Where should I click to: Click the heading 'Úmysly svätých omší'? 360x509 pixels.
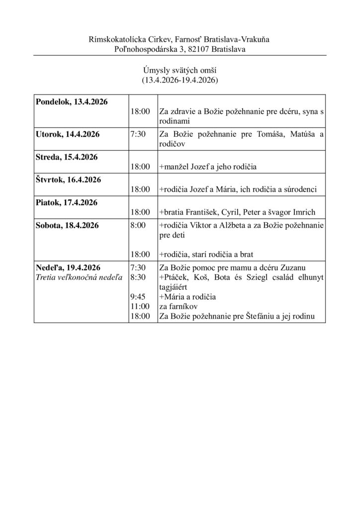[x=180, y=71]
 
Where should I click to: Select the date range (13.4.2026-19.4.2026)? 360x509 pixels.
[x=180, y=80]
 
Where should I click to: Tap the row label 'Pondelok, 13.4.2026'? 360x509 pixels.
[x=72, y=101]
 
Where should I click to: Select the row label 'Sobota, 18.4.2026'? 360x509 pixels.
[x=68, y=225]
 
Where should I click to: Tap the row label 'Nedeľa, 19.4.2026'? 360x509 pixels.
[x=68, y=267]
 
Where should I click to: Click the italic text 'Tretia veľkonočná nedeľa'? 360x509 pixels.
[x=79, y=277]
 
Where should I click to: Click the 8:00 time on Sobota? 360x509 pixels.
[x=138, y=225]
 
